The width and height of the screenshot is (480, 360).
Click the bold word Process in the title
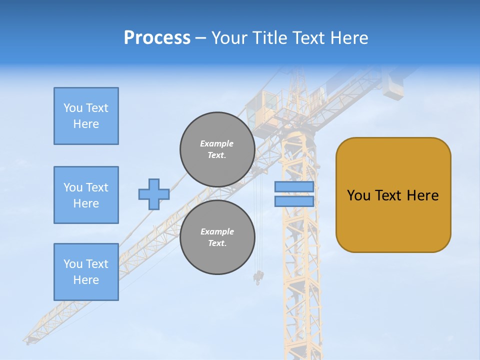[157, 38]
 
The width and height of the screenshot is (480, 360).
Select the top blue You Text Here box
[86, 116]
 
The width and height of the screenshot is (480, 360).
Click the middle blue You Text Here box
[86, 195]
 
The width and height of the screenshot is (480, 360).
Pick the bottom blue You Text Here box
[86, 272]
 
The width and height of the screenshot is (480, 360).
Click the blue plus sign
[153, 194]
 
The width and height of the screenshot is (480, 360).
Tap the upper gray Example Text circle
[217, 149]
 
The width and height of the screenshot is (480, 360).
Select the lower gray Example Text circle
[217, 237]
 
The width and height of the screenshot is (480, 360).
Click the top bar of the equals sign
[294, 187]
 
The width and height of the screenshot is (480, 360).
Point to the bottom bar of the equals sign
[294, 201]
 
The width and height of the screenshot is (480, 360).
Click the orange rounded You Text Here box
[393, 195]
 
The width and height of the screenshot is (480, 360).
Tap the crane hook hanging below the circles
[258, 276]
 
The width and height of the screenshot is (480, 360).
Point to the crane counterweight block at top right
[393, 85]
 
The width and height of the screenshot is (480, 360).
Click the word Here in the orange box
[422, 195]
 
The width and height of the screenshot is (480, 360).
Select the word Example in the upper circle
[217, 143]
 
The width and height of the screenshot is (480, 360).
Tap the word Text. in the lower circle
[217, 243]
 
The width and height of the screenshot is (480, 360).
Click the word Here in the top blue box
[86, 124]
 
